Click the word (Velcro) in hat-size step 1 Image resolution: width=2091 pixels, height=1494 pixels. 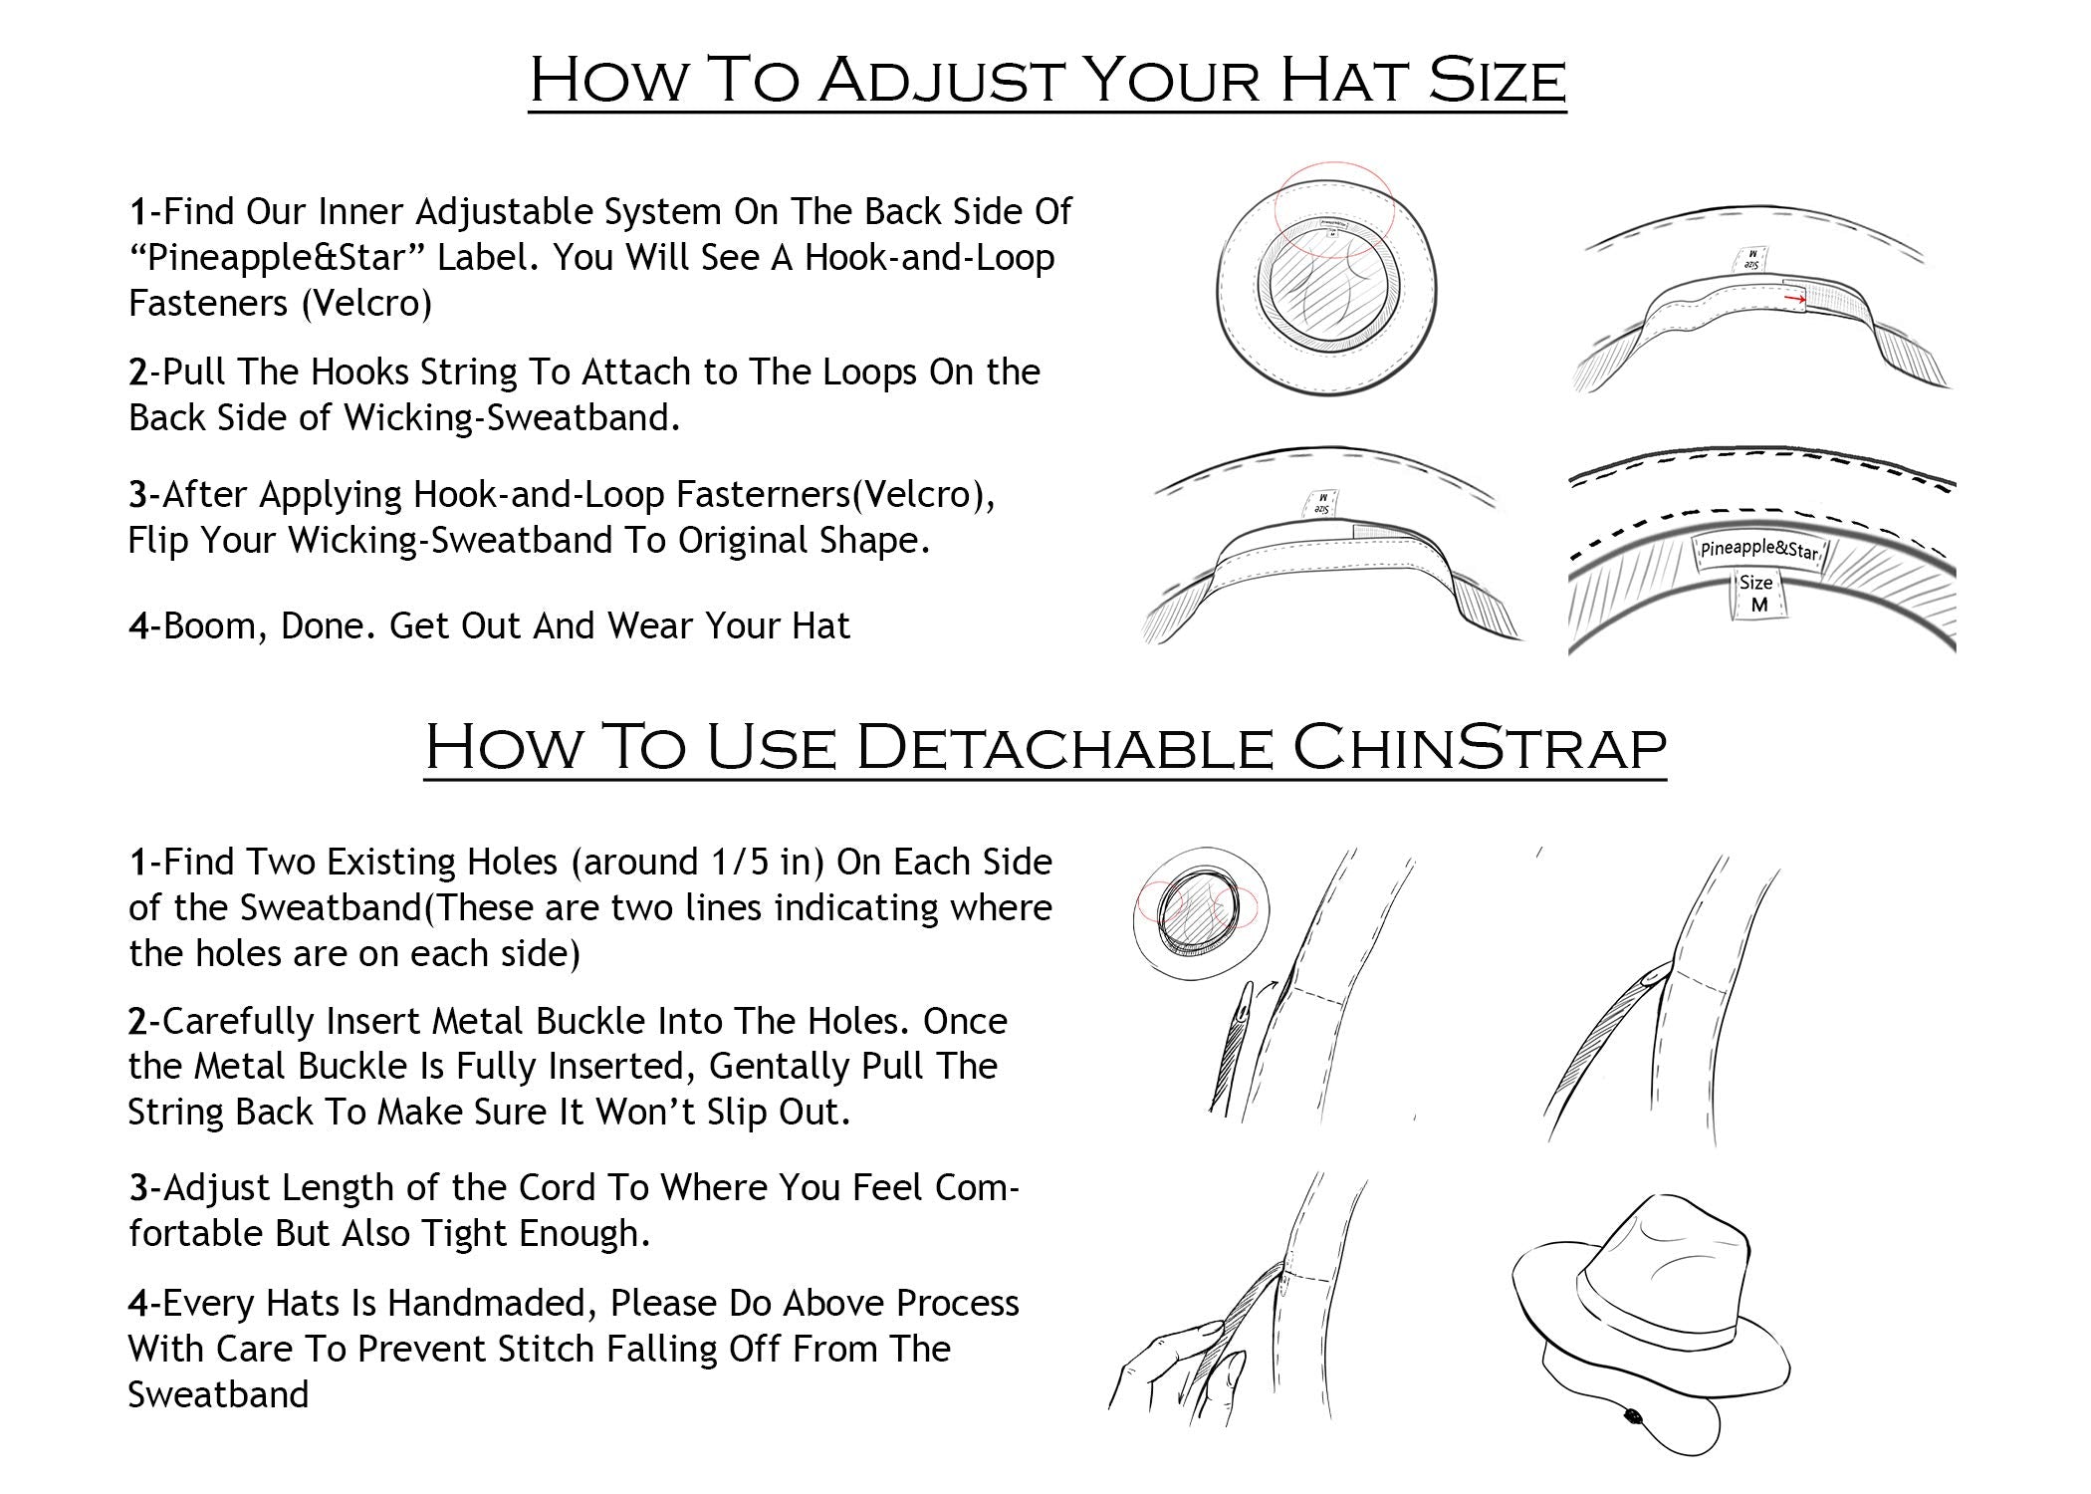point(366,304)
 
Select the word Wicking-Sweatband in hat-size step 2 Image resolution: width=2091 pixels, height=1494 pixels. point(512,418)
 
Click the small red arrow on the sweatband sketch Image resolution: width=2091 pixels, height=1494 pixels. point(1794,297)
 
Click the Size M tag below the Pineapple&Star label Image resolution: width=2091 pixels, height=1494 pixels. point(1758,595)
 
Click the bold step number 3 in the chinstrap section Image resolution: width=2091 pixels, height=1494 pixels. point(137,1188)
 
